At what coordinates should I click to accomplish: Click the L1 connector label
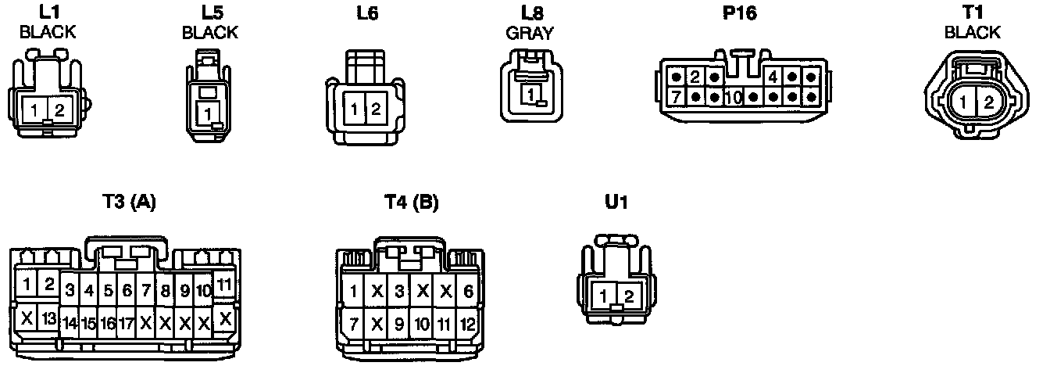coord(47,13)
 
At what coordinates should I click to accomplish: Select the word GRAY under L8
coord(529,33)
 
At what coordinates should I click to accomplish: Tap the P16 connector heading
coord(739,13)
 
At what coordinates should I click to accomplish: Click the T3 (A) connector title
coord(129,202)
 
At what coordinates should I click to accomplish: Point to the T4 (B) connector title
coord(411,202)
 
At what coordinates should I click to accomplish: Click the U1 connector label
coord(616,202)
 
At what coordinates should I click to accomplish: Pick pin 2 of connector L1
coord(59,109)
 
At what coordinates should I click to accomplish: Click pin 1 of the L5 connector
coord(208,114)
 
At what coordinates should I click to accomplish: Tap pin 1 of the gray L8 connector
coord(530,95)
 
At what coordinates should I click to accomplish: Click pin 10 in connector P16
coord(733,98)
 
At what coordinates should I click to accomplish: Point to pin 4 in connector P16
coord(772,77)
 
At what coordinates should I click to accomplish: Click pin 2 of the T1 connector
coord(988,102)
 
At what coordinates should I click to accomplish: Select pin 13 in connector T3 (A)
coord(48,318)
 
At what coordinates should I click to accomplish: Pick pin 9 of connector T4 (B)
coord(399,322)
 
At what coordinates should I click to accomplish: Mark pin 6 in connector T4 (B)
coord(469,292)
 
